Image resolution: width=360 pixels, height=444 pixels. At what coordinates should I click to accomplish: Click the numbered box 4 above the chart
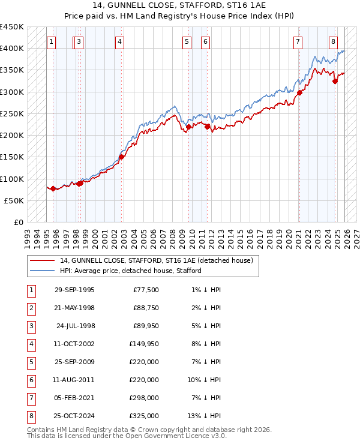click(x=121, y=41)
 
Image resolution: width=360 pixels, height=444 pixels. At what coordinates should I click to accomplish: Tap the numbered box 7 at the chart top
click(x=298, y=41)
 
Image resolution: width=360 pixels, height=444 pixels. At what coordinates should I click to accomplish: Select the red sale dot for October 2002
click(x=121, y=157)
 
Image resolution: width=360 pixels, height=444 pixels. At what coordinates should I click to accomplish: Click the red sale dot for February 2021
click(x=299, y=92)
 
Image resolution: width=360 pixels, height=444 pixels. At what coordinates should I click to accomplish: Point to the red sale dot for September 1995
click(x=53, y=188)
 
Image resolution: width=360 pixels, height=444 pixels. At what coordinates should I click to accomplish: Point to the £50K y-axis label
click(x=14, y=200)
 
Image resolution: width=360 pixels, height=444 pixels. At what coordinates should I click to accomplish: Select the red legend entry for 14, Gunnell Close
click(x=156, y=260)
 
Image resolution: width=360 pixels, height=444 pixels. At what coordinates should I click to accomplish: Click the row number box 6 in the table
click(x=31, y=380)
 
